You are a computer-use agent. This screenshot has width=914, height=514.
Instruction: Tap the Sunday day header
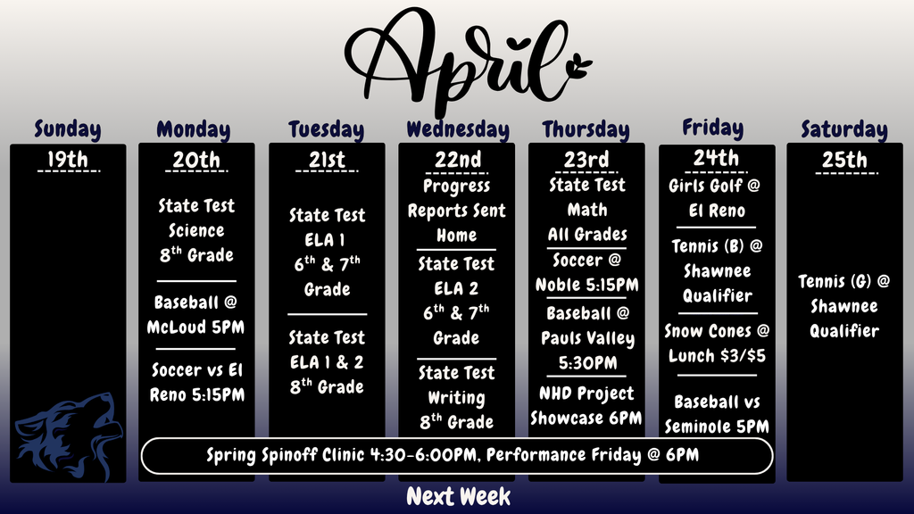68,129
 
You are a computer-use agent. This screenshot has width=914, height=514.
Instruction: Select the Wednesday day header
457,129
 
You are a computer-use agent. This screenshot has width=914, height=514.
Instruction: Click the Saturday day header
843,129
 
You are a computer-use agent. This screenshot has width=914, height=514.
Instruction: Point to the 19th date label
68,160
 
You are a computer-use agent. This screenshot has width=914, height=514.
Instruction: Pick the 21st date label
327,160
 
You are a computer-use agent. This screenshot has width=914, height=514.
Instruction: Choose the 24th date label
717,158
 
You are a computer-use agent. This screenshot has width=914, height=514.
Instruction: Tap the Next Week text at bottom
458,496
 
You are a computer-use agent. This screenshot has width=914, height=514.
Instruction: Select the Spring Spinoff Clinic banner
456,455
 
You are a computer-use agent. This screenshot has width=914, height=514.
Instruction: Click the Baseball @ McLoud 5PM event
196,315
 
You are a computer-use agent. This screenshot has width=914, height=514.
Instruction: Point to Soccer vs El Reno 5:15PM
196,382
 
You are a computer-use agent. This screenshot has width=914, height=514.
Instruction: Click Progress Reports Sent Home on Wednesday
457,211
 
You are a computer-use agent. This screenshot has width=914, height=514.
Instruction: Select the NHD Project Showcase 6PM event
586,406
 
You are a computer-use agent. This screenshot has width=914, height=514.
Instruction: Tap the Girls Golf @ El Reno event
717,199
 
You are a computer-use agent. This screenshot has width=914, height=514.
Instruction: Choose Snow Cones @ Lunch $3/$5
717,343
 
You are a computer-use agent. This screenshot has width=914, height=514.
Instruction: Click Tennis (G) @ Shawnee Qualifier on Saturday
844,306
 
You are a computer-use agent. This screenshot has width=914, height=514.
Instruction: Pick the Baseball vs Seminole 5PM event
717,414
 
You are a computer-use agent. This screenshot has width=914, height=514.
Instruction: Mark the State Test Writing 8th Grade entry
456,397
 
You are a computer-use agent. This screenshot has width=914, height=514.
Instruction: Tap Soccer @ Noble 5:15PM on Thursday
586,273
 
